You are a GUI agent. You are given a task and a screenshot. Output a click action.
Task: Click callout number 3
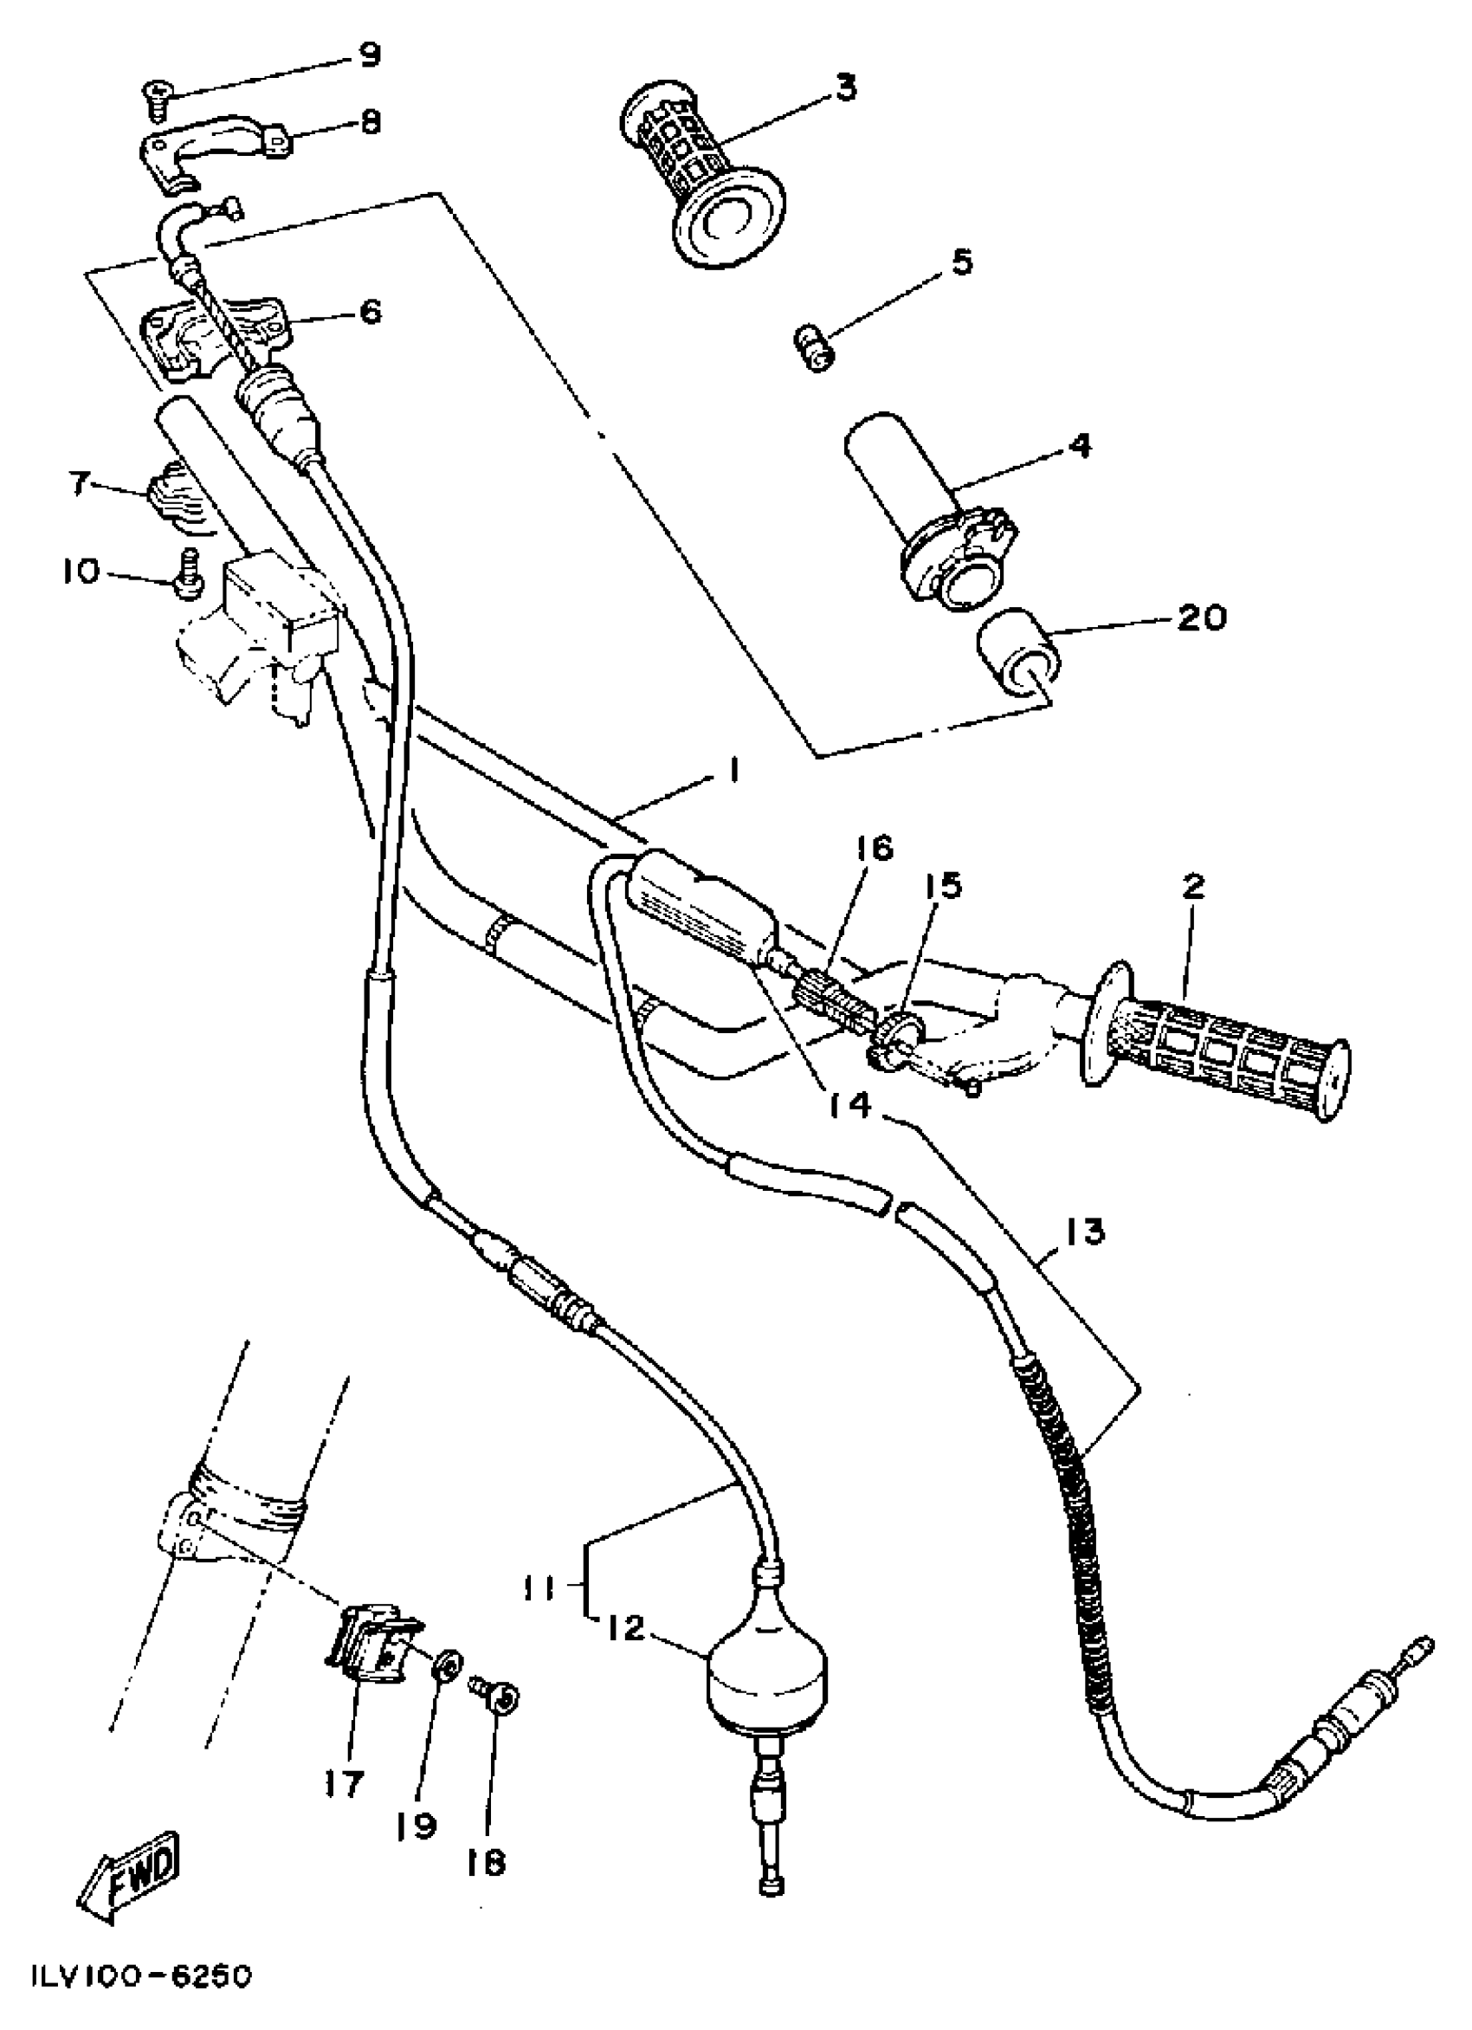tap(846, 88)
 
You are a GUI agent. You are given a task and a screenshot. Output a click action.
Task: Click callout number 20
tap(1202, 617)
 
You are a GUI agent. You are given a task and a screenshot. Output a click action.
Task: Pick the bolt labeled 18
tap(501, 1693)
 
